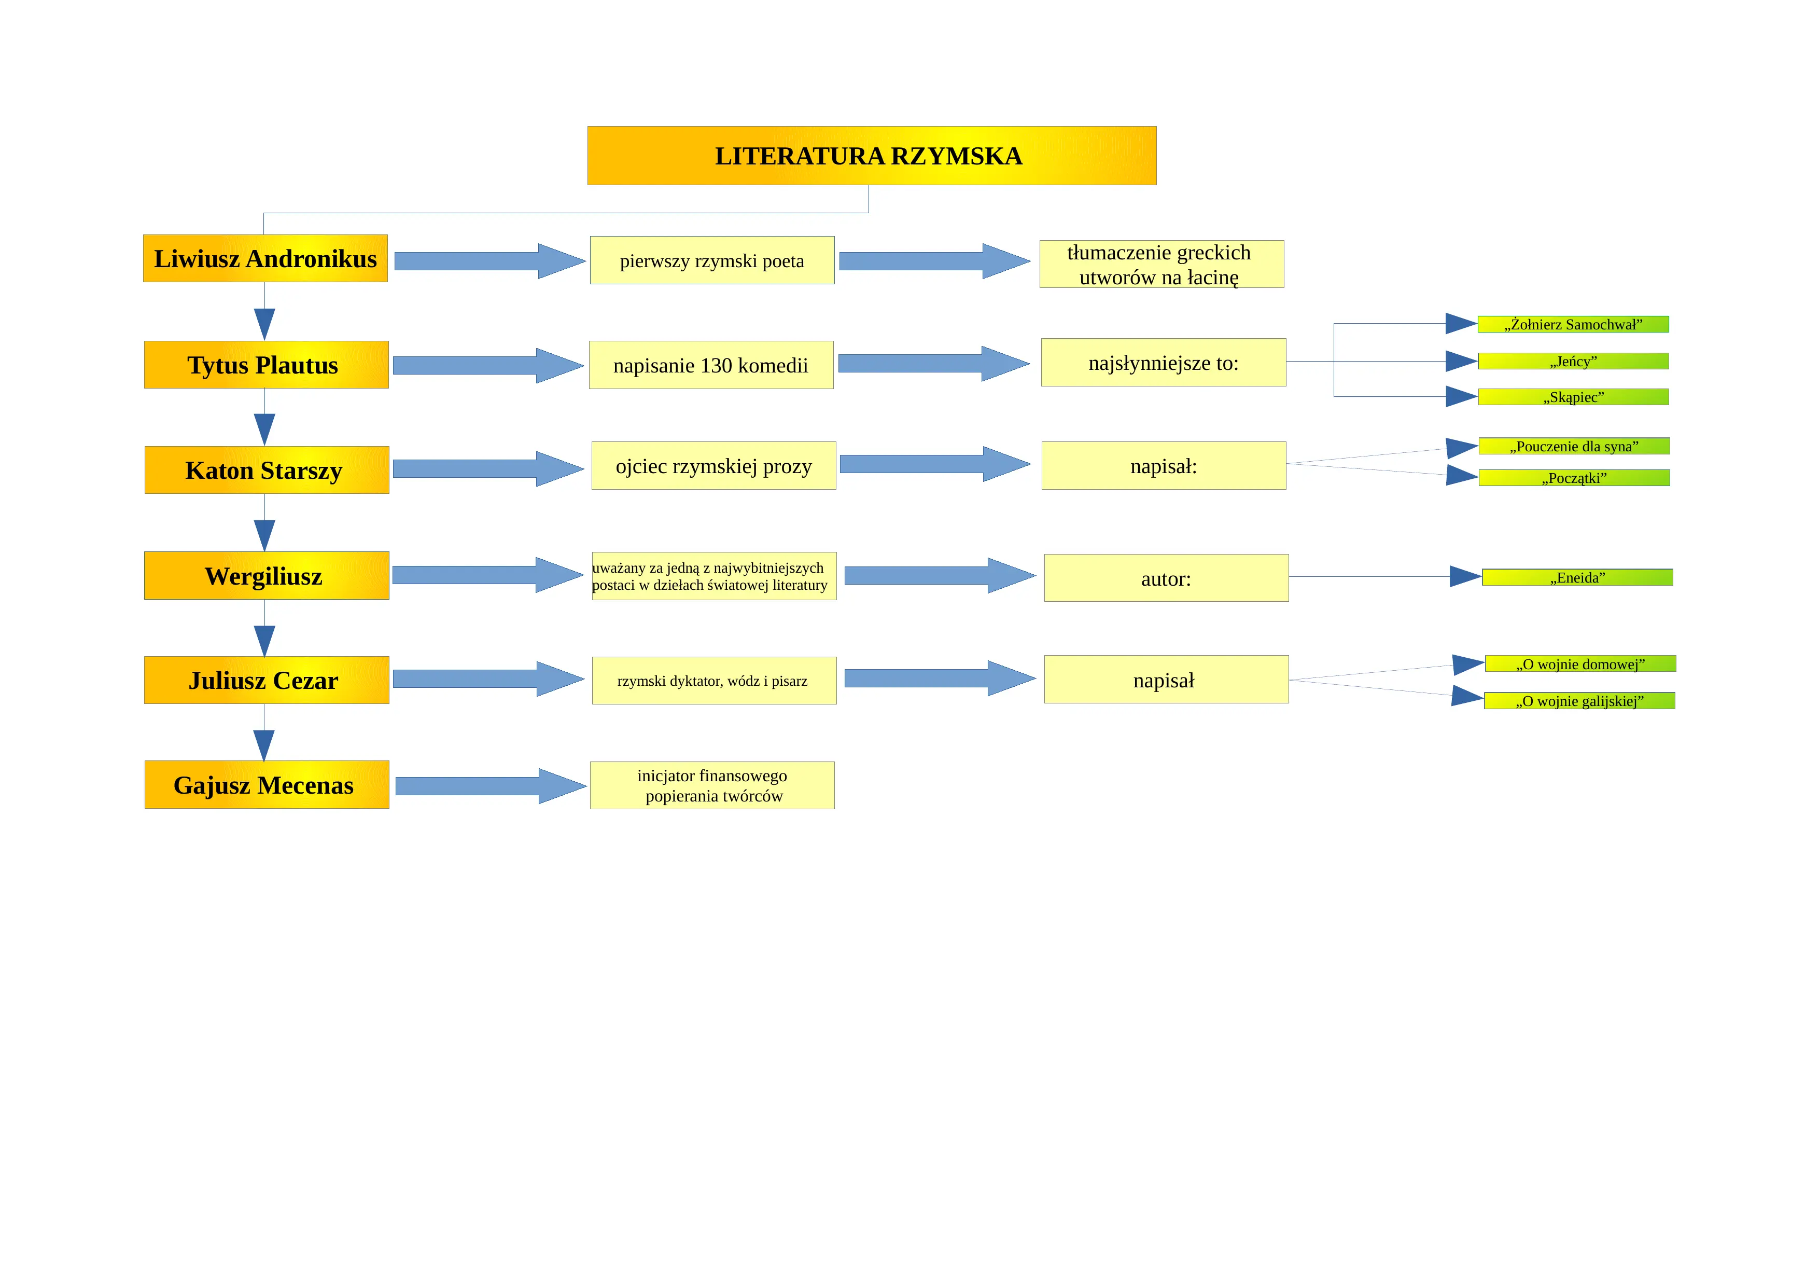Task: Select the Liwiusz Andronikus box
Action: click(x=265, y=258)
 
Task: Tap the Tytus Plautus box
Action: click(x=266, y=365)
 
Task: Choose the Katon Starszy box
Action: click(x=267, y=470)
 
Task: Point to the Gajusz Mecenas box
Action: click(x=267, y=784)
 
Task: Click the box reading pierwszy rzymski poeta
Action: click(x=712, y=260)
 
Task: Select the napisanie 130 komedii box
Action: click(x=711, y=365)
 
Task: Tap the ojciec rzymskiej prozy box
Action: click(x=714, y=465)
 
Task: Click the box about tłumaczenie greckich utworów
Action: click(x=1162, y=264)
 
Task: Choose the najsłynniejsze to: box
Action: click(x=1163, y=362)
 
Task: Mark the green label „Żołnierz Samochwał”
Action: click(x=1573, y=324)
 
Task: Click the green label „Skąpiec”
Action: click(x=1573, y=397)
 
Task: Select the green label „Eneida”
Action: click(x=1577, y=577)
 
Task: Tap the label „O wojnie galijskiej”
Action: click(x=1580, y=700)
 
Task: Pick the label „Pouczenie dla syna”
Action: click(x=1574, y=446)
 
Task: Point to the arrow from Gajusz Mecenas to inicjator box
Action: click(x=491, y=786)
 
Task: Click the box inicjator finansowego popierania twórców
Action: click(x=712, y=785)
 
